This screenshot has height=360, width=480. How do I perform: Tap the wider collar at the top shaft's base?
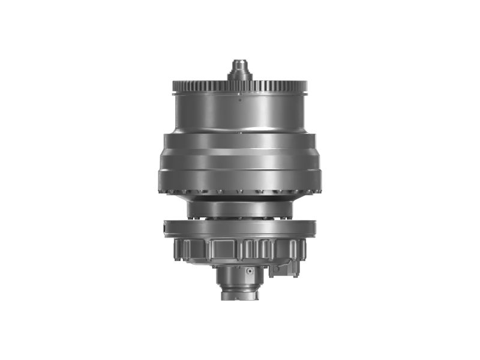pos(240,76)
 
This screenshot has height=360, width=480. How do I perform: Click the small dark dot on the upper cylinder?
pos(239,100)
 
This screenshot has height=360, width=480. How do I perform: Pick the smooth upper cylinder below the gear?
pos(240,114)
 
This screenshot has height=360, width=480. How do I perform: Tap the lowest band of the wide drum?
pos(240,180)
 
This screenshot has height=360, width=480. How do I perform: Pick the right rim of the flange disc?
pos(314,229)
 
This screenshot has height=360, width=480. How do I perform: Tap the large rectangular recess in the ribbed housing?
pos(223,248)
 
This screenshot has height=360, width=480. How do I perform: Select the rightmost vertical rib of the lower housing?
pos(303,250)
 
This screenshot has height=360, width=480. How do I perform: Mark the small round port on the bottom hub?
pos(247,272)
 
